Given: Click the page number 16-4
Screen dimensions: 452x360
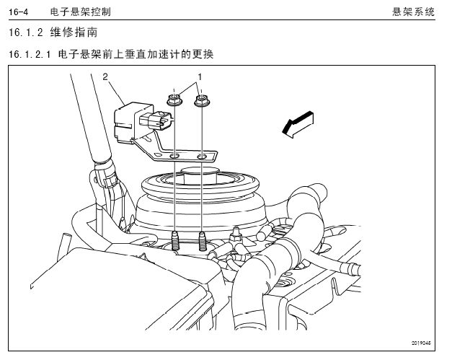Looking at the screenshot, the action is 19,12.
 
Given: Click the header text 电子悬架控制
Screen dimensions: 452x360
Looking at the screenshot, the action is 81,12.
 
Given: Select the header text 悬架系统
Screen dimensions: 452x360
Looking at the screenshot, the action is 413,12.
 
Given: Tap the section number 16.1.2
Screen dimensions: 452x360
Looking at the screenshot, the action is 26,32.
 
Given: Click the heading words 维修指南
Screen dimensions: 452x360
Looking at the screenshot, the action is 74,32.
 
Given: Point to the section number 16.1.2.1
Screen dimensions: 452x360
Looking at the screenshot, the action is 30,54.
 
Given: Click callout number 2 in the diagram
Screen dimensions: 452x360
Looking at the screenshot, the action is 105,76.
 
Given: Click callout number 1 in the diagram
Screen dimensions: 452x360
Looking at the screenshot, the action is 200,77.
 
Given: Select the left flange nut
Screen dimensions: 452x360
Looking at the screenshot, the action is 173,100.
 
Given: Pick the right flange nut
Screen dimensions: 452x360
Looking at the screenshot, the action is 202,100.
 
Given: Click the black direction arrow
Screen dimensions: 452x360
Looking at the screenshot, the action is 298,124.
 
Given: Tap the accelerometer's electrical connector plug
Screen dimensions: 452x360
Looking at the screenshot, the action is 156,121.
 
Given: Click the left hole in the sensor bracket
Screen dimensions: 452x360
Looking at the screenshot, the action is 174,157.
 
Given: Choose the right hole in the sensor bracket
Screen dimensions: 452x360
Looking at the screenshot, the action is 202,157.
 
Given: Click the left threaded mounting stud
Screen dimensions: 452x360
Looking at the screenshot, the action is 174,240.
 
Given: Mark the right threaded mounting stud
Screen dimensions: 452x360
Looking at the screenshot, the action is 202,240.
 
